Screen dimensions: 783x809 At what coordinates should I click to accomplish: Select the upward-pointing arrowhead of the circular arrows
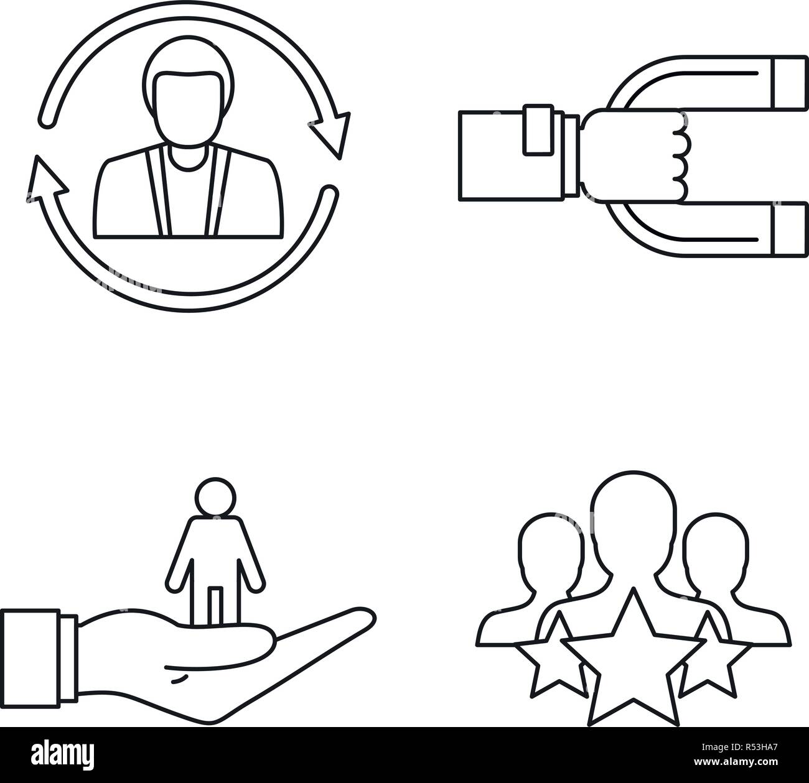[47, 180]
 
